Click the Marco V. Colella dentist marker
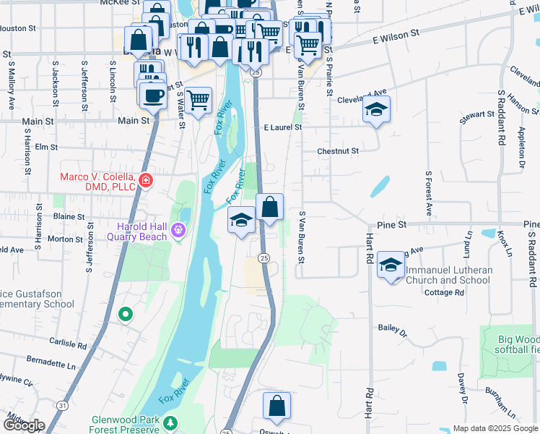click(146, 179)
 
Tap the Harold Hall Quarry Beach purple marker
click(179, 232)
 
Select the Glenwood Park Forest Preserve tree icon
click(170, 422)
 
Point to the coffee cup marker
click(152, 95)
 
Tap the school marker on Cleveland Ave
click(375, 110)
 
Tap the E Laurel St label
click(282, 127)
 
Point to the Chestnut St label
click(339, 151)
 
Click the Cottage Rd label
click(444, 292)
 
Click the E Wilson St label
click(396, 34)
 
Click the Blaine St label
click(69, 216)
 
